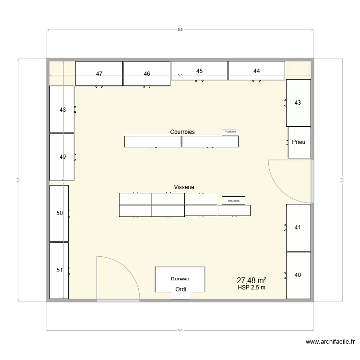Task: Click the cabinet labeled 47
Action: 99,74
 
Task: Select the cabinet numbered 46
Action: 147,74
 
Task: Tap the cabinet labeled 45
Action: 199,71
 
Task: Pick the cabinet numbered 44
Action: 256,71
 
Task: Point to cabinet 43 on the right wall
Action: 298,103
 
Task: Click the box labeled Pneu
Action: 299,142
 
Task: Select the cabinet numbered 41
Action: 298,228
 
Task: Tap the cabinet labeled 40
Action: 298,275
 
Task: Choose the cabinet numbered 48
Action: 62,109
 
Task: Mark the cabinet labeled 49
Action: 62,156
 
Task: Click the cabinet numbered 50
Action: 59,213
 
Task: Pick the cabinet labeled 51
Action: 59,270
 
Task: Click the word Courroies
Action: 182,132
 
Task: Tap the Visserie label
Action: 184,187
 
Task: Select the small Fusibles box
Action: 230,131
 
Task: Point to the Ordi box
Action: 181,289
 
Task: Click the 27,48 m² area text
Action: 252,280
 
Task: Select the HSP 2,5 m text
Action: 252,288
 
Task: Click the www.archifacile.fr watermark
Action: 330,342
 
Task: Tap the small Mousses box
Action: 234,201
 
